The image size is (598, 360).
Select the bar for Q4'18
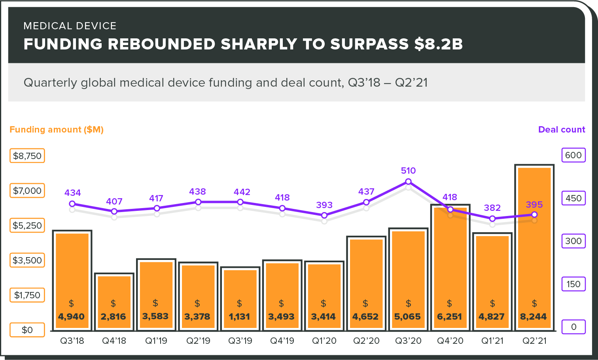click(x=114, y=293)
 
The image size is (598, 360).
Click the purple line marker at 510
click(x=409, y=182)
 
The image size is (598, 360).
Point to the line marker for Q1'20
click(x=324, y=216)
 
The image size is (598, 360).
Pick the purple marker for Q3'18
click(x=72, y=204)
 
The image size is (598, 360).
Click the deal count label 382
click(x=492, y=208)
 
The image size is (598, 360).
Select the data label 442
click(x=242, y=192)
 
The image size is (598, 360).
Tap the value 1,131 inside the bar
click(x=239, y=316)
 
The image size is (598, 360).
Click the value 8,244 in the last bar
click(x=533, y=316)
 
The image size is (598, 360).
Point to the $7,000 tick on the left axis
click(x=27, y=191)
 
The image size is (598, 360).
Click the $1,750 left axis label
click(x=27, y=295)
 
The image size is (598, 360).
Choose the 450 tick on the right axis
click(x=573, y=198)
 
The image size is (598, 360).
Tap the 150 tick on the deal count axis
click(x=573, y=284)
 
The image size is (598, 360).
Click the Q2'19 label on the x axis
click(x=198, y=341)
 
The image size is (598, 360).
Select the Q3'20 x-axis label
click(x=408, y=341)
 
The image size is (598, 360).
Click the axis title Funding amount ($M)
click(x=57, y=130)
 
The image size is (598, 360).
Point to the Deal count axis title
click(x=562, y=130)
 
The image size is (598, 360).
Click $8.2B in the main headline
click(x=438, y=44)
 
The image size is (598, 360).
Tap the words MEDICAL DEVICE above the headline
click(x=70, y=26)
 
